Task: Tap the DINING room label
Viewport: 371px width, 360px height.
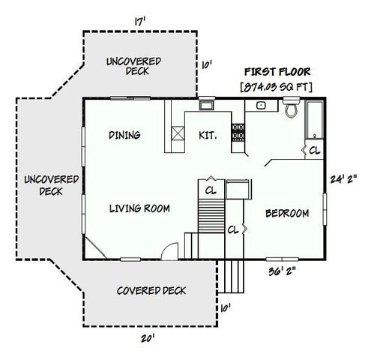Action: click(x=125, y=135)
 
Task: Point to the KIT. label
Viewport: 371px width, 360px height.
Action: click(x=208, y=136)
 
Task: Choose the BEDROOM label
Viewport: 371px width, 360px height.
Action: click(x=287, y=214)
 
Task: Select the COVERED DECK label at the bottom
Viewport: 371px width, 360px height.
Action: click(x=151, y=291)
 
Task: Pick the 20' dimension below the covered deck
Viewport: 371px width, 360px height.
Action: click(x=148, y=339)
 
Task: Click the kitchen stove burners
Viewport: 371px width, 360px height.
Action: click(x=239, y=133)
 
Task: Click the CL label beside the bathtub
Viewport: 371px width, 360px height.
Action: click(x=314, y=150)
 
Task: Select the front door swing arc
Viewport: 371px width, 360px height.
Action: click(x=169, y=250)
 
